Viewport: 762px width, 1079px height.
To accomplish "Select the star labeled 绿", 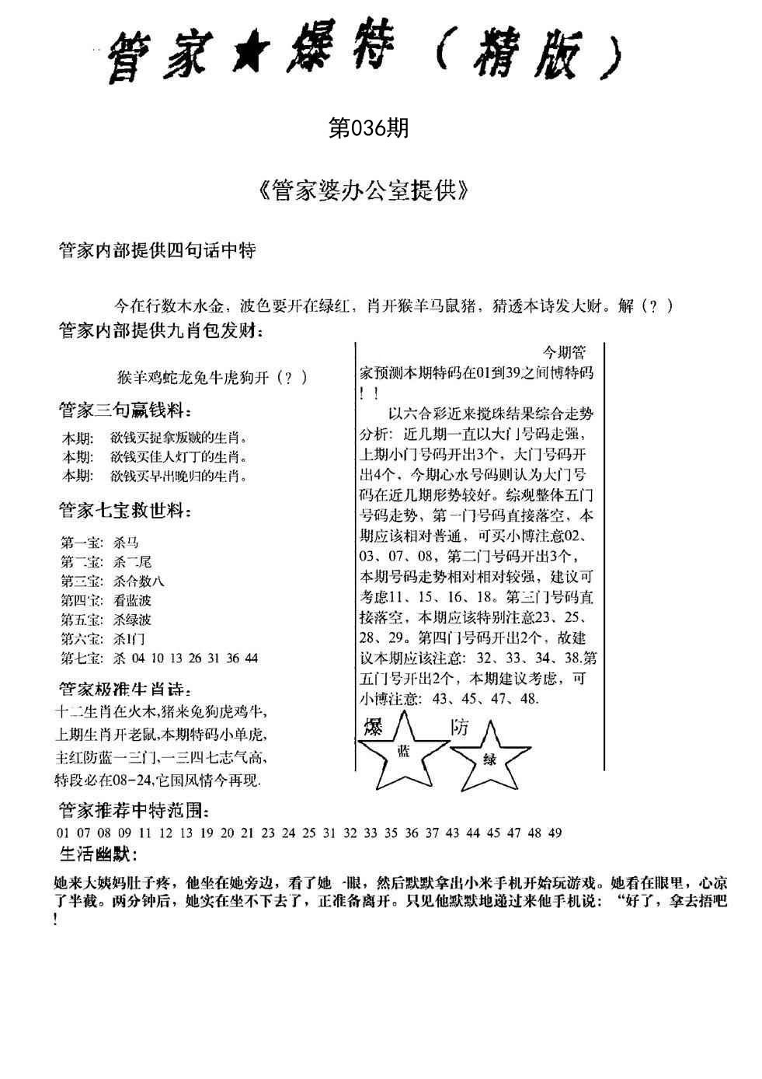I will [x=490, y=759].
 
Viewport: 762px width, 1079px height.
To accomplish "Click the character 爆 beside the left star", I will [x=374, y=727].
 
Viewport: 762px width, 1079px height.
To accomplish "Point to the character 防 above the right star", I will [x=460, y=727].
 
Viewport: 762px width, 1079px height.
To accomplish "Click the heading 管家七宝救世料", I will [x=124, y=511].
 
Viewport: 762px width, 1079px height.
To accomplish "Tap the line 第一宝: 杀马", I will [x=99, y=542].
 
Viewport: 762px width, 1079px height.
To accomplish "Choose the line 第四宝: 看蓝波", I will [x=106, y=600].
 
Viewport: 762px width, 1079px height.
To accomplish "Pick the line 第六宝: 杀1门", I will [x=103, y=639].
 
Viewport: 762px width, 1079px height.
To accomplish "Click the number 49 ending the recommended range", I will [x=555, y=833].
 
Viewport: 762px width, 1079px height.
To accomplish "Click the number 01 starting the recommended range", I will [x=64, y=833].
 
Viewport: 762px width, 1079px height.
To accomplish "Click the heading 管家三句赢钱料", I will [x=124, y=410].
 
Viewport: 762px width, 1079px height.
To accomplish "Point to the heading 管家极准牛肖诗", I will [x=124, y=689].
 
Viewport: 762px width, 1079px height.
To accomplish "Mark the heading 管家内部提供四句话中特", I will [x=157, y=251].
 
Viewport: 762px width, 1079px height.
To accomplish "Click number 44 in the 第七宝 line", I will [x=251, y=658].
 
